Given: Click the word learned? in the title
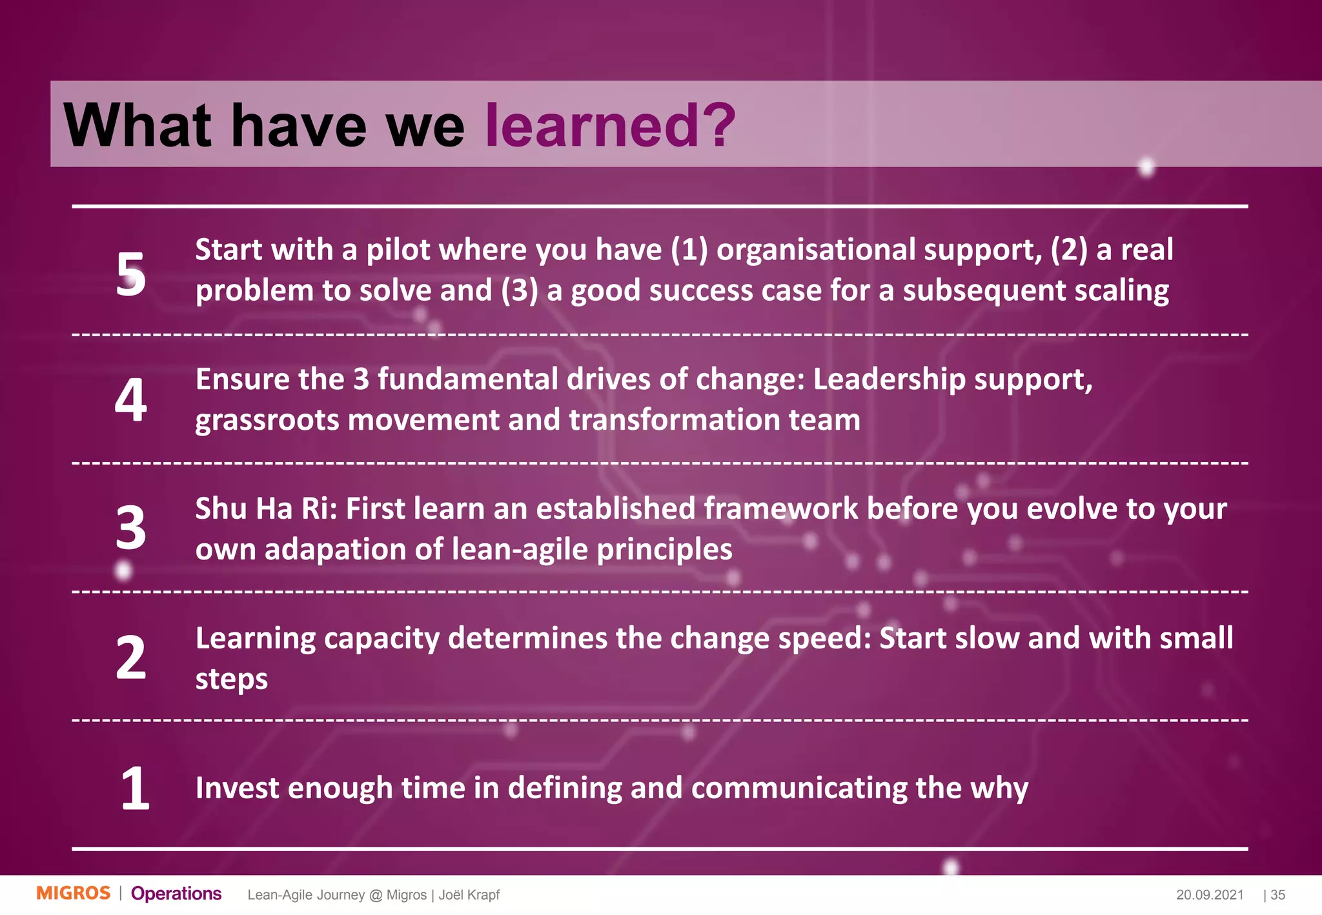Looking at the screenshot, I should tap(609, 125).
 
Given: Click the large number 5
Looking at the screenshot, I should tap(131, 274).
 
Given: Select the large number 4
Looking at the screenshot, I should tap(131, 400).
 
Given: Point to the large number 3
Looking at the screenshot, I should tap(131, 528).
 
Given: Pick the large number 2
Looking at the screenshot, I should tap(131, 658).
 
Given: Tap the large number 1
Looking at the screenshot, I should tap(135, 788).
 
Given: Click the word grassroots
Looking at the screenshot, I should tap(267, 420).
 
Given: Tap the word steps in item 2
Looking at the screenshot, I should tap(231, 679).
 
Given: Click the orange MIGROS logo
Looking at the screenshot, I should tap(74, 894).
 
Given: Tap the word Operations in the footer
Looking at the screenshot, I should tap(176, 894).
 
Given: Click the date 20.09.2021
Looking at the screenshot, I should tap(1209, 895).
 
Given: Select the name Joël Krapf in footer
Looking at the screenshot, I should tap(469, 895).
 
